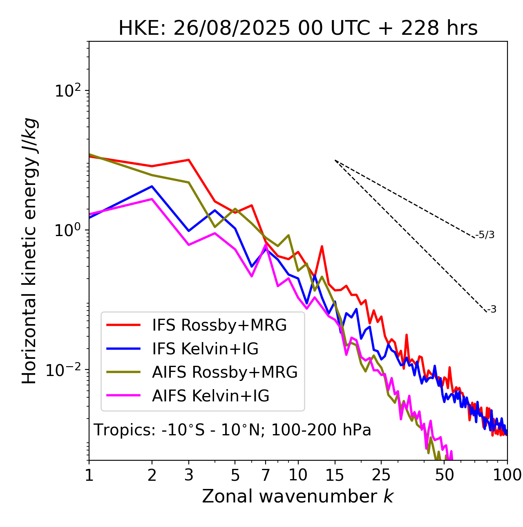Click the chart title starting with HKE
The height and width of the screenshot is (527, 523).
coord(298,29)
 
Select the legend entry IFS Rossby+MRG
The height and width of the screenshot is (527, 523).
coord(219,325)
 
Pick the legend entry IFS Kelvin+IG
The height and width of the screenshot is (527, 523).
coord(205,349)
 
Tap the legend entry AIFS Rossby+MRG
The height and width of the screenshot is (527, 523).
coord(225,372)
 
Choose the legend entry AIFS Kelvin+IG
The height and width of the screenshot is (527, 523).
coord(210,396)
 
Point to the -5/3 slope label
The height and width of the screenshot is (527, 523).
coord(485,235)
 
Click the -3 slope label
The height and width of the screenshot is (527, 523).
coord(492,310)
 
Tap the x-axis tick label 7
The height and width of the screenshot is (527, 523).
coord(266,475)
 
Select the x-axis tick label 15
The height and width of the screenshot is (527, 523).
coord(335,475)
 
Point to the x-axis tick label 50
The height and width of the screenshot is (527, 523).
coord(444,475)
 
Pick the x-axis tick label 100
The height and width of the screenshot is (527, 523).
coord(507,475)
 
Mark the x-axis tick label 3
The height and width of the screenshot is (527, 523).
coord(189,475)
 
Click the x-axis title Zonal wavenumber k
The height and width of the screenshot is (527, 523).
coord(298,496)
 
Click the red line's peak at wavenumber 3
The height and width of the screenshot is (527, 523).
coord(189,160)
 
